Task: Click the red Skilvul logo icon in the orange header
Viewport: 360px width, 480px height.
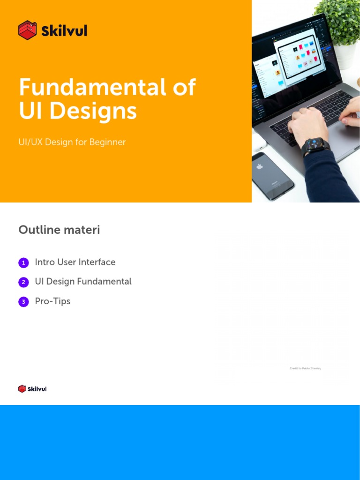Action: click(x=27, y=30)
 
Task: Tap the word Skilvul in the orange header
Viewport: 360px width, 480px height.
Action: click(x=64, y=31)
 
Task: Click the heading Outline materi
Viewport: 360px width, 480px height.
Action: click(x=59, y=230)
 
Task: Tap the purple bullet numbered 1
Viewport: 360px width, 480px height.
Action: click(x=23, y=263)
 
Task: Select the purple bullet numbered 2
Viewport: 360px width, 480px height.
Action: click(x=23, y=282)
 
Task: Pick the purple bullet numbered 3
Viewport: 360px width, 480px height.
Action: click(x=23, y=302)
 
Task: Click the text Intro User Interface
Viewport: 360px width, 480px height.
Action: click(x=75, y=262)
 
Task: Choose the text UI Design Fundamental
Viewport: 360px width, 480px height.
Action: click(x=83, y=282)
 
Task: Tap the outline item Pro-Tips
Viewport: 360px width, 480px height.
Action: click(x=52, y=301)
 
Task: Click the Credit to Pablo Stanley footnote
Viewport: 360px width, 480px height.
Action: click(x=305, y=368)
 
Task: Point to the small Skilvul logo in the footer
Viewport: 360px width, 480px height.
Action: click(x=32, y=389)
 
